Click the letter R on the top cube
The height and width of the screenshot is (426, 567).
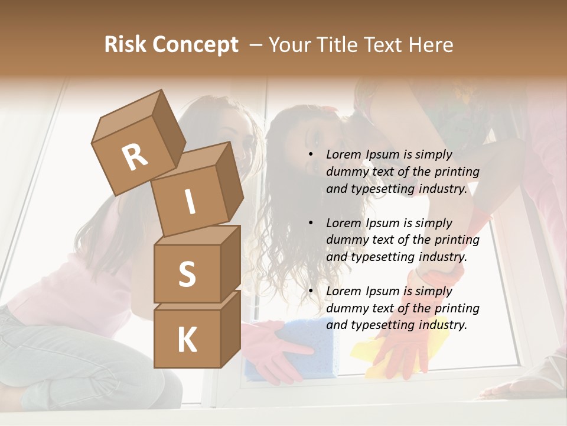point(135,157)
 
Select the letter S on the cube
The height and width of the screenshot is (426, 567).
point(187,274)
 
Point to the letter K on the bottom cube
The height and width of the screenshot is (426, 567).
point(187,340)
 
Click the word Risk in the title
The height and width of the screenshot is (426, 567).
point(126,45)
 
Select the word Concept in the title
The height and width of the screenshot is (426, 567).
point(196,45)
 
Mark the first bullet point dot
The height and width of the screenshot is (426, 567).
point(311,155)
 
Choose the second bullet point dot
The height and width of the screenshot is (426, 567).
point(311,224)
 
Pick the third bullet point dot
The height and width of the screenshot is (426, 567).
point(311,292)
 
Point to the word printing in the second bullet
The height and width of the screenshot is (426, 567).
point(457,240)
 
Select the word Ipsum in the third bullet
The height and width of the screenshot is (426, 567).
point(384,291)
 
